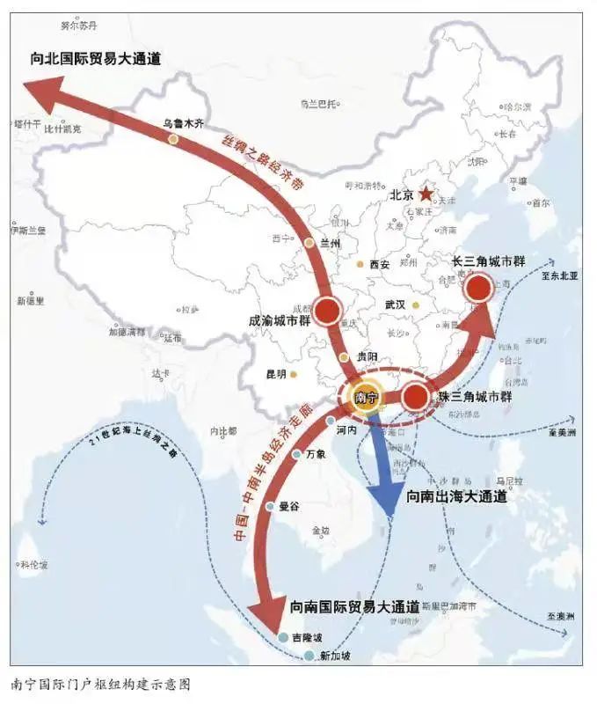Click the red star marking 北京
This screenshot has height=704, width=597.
(x=426, y=194)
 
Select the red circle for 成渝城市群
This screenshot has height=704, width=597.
(x=327, y=310)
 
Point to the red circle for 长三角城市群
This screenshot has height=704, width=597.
(x=478, y=288)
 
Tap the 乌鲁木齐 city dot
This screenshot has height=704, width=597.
(x=173, y=139)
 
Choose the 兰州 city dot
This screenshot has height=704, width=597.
(x=309, y=243)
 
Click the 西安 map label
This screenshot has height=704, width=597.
(x=379, y=264)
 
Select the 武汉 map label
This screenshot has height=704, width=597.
(x=395, y=304)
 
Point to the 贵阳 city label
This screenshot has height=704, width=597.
(x=367, y=356)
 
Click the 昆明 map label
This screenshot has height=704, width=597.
(x=276, y=374)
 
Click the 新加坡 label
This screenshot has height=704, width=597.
(x=336, y=656)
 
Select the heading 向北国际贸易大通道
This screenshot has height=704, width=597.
(x=97, y=60)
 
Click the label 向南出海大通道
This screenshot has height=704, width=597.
(x=456, y=497)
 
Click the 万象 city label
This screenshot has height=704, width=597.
(x=316, y=455)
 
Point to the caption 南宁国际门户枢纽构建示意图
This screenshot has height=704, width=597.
(x=100, y=684)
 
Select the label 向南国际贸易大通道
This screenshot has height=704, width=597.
(x=354, y=607)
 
